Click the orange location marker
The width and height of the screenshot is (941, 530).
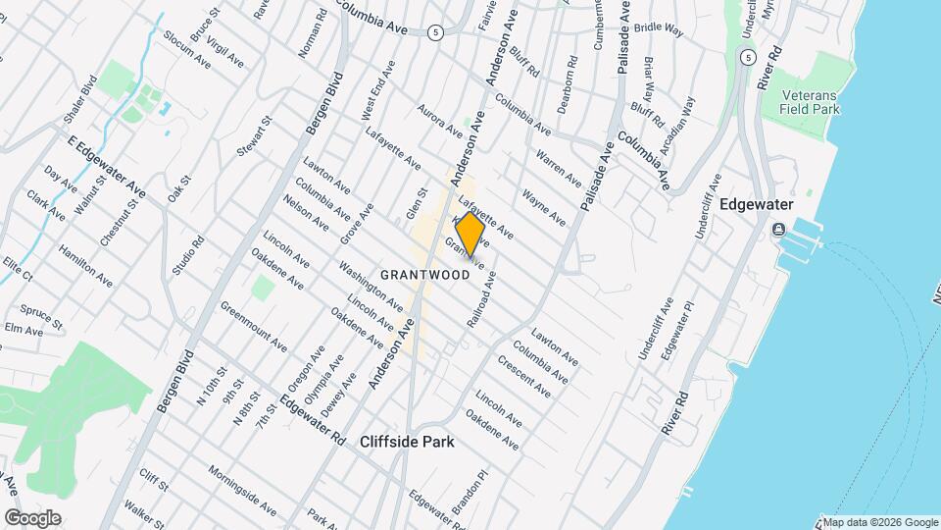point(470,235)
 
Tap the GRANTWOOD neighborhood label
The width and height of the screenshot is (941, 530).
point(425,275)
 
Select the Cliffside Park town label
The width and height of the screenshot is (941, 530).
point(407,442)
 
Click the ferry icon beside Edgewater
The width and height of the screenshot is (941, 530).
point(778,229)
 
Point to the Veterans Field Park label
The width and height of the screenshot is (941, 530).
point(811,103)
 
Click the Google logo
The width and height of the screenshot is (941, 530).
point(32,517)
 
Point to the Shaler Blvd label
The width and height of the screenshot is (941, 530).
point(80,98)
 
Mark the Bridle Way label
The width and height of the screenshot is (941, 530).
point(658,29)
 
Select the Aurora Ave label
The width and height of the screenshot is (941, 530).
point(439,120)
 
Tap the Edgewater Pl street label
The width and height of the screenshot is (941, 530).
point(676,328)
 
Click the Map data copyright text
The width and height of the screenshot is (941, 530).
point(879,522)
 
